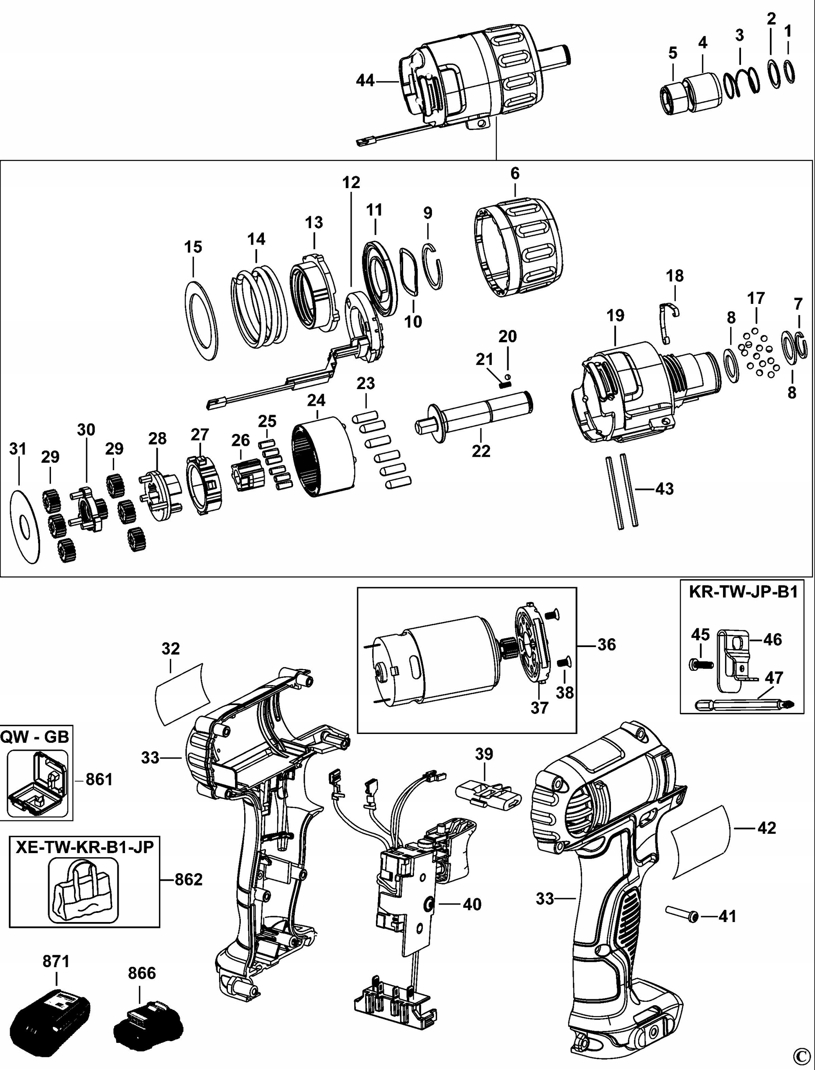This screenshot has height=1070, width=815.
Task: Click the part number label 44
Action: (365, 81)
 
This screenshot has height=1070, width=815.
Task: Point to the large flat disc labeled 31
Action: (24, 527)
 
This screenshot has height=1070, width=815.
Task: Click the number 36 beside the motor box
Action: (606, 645)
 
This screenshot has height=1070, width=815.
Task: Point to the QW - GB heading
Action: (35, 737)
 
